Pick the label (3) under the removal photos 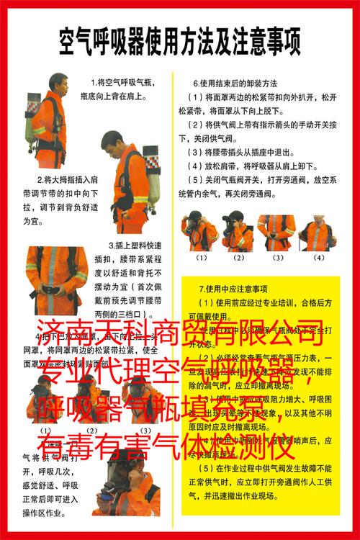click(278, 257)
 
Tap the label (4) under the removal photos click(318, 257)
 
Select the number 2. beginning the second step click(40, 179)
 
